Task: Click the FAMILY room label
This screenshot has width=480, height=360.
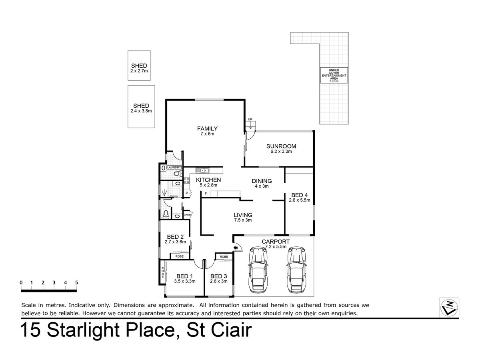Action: (207, 128)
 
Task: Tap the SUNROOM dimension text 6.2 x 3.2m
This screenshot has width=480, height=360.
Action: (281, 152)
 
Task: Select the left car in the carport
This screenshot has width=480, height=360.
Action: (258, 270)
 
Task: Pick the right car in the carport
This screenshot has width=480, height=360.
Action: (296, 270)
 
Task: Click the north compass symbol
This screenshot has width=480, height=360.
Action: (449, 308)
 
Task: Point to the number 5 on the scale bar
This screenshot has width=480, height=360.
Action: (76, 283)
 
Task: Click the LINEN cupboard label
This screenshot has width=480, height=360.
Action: (188, 215)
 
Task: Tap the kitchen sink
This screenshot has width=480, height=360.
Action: (202, 170)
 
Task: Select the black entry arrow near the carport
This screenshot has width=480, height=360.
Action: (236, 248)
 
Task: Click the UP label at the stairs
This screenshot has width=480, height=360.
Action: (250, 119)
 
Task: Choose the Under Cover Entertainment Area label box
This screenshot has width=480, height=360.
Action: (334, 75)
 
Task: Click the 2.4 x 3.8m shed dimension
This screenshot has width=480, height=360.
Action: (141, 111)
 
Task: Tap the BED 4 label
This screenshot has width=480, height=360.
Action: (299, 195)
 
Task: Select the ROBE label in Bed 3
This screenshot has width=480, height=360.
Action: (224, 257)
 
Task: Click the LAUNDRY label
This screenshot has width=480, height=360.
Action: (174, 168)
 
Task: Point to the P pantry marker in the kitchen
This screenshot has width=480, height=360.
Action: (187, 193)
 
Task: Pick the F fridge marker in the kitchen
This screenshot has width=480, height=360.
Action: (206, 194)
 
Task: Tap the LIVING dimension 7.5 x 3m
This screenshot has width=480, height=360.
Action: (243, 220)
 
